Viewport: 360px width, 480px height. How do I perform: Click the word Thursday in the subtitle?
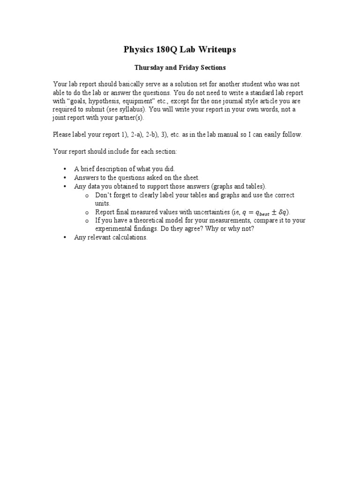pos(149,67)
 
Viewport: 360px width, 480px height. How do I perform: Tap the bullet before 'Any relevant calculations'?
pos(65,237)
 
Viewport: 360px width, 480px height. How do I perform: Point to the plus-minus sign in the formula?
pos(270,212)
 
